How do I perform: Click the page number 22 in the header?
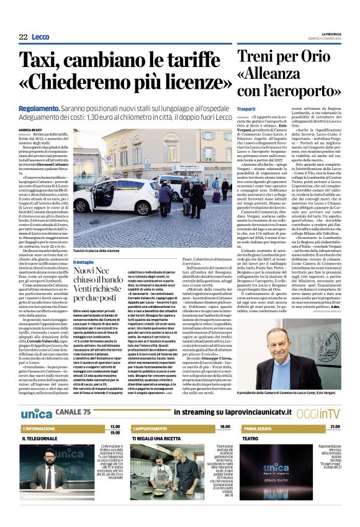point(24,38)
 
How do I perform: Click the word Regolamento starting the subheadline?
point(38,107)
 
